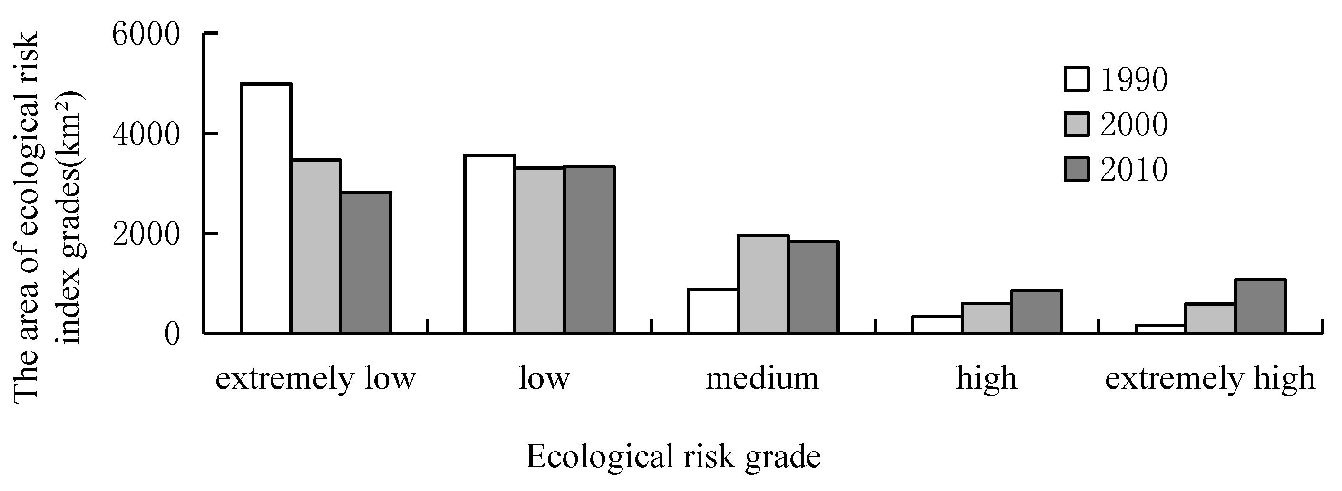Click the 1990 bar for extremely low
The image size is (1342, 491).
266,208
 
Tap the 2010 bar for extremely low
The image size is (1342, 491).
366,262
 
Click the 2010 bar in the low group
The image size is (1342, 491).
590,250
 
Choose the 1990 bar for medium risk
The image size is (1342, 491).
713,311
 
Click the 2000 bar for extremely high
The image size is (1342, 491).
1210,318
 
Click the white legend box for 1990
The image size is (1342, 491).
1076,80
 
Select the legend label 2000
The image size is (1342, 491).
1134,125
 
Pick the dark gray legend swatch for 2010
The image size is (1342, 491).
1076,170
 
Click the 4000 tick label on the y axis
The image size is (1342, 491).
146,135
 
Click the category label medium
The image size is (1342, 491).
762,378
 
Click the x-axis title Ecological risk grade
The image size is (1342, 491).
673,457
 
